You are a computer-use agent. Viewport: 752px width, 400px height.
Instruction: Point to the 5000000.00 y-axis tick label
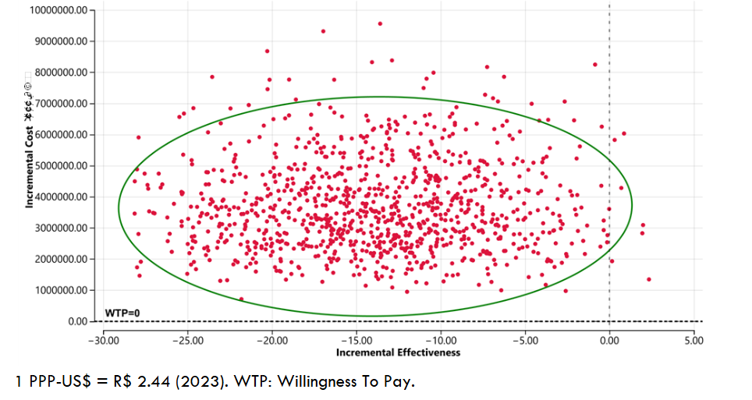point(62,166)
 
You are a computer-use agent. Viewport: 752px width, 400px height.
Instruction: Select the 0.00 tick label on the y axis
point(77,321)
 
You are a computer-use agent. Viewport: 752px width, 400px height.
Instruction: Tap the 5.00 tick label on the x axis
point(693,340)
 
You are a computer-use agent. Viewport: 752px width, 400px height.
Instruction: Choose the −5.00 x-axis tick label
point(523,340)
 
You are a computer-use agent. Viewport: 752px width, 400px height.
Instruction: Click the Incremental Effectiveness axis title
point(398,352)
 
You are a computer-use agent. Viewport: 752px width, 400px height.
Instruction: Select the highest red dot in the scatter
point(380,23)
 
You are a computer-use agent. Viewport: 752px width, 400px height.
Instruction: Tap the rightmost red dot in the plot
point(649,279)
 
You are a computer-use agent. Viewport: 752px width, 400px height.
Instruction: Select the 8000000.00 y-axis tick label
point(62,73)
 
